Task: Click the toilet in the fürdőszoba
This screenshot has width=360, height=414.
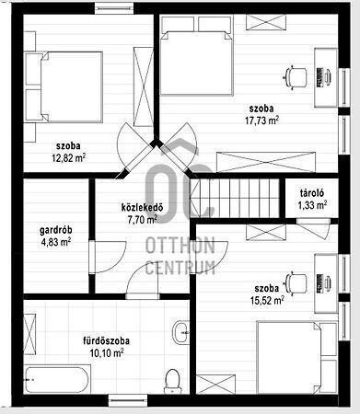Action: tap(172, 381)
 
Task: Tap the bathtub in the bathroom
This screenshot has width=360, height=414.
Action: tap(57, 380)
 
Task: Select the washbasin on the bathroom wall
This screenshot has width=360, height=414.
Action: tap(181, 332)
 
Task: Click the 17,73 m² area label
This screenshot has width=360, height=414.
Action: tap(261, 121)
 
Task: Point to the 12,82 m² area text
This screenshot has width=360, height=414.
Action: tap(68, 158)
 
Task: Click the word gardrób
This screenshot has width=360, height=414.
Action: tap(56, 230)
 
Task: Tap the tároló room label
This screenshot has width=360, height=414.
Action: tap(312, 193)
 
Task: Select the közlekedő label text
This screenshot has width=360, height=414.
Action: tap(142, 208)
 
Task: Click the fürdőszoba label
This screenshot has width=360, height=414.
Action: tap(106, 341)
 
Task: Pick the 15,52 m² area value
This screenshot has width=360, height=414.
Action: tap(267, 300)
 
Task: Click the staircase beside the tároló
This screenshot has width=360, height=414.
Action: tap(235, 199)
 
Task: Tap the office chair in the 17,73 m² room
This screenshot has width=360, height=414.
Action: tap(295, 76)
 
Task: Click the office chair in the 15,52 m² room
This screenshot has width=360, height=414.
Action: tap(295, 283)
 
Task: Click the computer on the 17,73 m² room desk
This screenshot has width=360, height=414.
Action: tap(323, 77)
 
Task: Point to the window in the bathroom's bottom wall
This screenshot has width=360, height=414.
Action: tap(128, 400)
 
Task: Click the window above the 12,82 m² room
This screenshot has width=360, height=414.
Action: tap(115, 8)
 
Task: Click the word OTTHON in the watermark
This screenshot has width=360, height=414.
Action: tap(180, 246)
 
